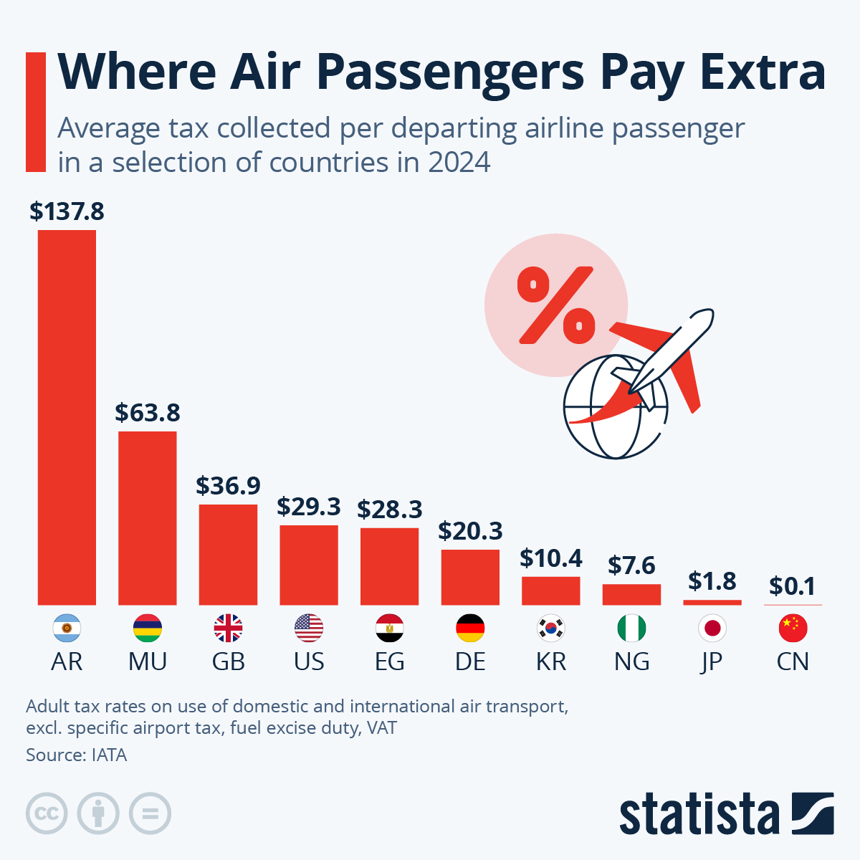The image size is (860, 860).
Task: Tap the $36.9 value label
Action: [228, 486]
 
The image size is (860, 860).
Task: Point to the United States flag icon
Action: [309, 629]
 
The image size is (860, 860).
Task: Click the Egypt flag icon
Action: [389, 629]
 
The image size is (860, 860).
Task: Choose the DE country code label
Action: [470, 661]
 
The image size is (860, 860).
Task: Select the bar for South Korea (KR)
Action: [550, 591]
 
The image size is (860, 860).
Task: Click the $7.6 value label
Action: [631, 565]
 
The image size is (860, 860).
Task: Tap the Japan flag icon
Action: [712, 629]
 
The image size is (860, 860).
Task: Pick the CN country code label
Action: [793, 661]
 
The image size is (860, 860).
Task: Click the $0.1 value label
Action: [793, 586]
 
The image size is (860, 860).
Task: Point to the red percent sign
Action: [556, 304]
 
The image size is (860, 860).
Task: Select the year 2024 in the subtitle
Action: [459, 163]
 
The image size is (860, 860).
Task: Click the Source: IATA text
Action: [76, 755]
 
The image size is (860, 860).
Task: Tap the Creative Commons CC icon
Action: [47, 813]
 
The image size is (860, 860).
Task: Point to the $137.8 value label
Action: [67, 211]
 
